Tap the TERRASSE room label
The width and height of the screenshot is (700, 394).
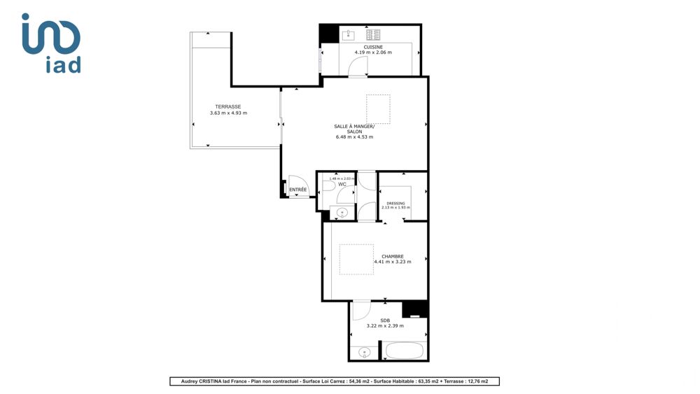pos(228,107)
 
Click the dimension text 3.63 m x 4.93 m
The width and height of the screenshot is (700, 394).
pos(228,113)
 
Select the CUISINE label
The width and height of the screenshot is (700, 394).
pos(373,47)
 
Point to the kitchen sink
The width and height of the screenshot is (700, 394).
pos(349,34)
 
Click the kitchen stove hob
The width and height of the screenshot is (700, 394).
pos(373,34)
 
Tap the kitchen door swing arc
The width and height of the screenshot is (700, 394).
pos(358,66)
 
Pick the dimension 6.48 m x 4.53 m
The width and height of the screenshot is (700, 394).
pos(354,137)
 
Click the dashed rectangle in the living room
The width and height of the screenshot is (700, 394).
pos(378,109)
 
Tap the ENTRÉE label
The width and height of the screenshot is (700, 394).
pos(298,190)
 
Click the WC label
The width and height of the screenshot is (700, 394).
pos(342,185)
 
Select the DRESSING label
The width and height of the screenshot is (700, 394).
pos(396,203)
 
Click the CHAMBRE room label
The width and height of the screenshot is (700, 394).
pos(392,256)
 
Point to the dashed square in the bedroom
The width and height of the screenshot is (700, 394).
pos(356,259)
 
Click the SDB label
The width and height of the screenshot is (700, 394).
pos(385,320)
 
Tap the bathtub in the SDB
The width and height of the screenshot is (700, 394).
pos(405,351)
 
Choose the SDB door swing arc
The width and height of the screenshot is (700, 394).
pos(360,310)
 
